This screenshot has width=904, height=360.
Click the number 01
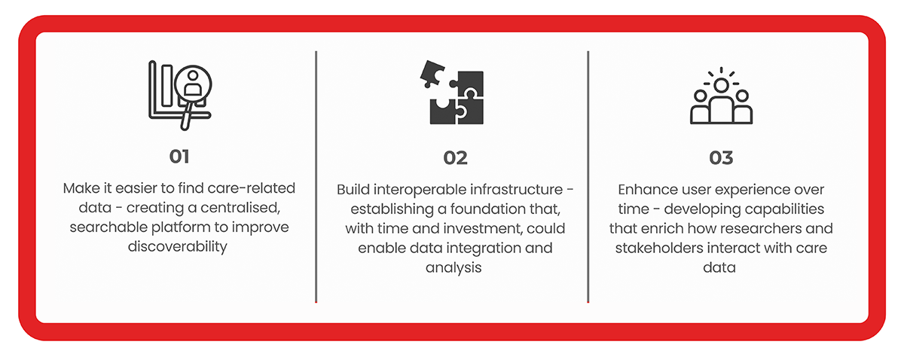[x=179, y=157]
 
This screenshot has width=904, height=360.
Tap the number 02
[x=455, y=158]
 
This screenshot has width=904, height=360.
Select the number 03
[x=721, y=158]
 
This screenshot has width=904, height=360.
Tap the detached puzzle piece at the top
[x=432, y=74]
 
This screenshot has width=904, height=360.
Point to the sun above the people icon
[x=721, y=84]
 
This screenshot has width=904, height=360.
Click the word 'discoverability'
[x=178, y=246]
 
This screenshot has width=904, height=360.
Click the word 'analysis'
[x=454, y=268]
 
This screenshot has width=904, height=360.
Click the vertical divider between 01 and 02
[x=316, y=177]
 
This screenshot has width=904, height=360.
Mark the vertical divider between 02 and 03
[x=588, y=177]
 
